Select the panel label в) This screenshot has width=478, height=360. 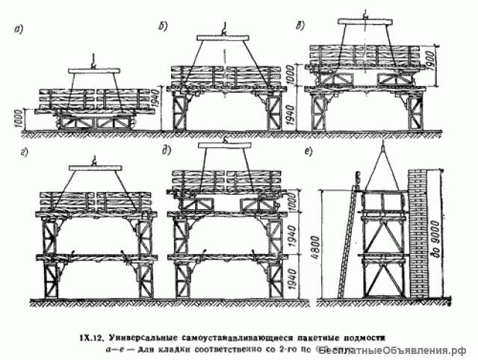tap(300, 26)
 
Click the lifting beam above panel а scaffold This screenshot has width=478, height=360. tap(93, 71)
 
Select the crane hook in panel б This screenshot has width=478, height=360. tap(222, 30)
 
